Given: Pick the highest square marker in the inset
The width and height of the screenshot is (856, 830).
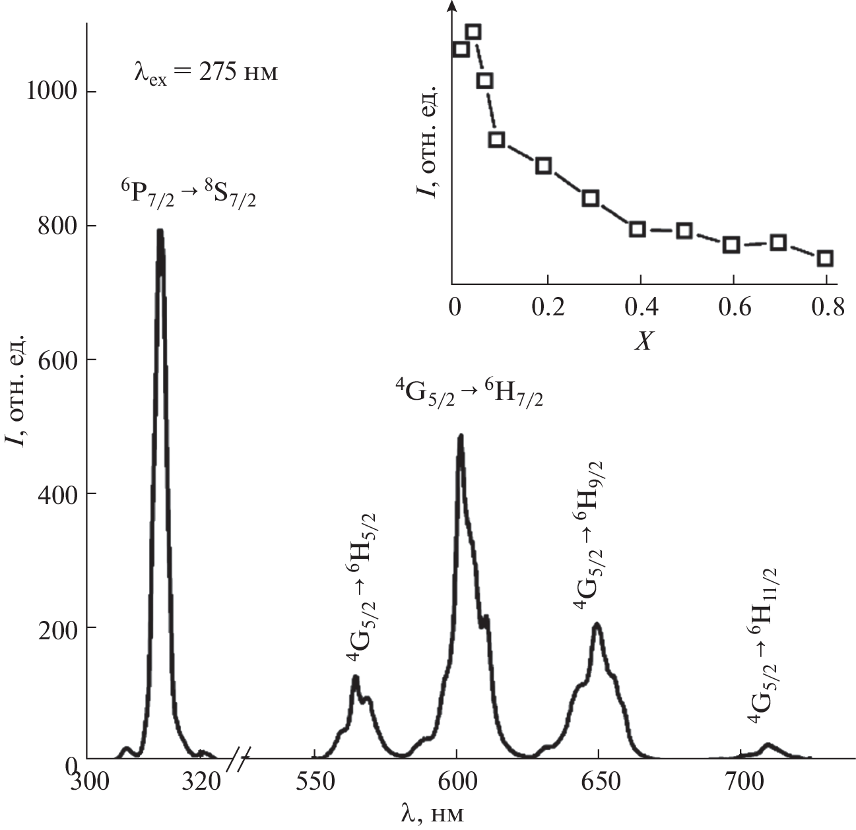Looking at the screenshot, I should point(473,32).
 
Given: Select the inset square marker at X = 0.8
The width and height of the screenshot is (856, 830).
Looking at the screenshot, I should point(825,258).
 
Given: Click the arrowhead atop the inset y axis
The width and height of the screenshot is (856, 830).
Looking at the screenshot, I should point(452,5).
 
